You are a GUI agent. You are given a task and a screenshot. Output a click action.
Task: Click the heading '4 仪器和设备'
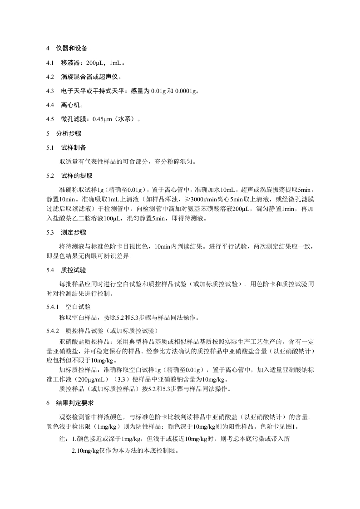pos(67,48)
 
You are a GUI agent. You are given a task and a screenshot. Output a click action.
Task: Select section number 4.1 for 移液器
pos(49,62)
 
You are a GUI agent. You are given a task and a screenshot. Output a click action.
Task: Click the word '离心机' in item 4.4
pos(71,105)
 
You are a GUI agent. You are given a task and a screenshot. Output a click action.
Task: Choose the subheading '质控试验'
pos(74,270)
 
